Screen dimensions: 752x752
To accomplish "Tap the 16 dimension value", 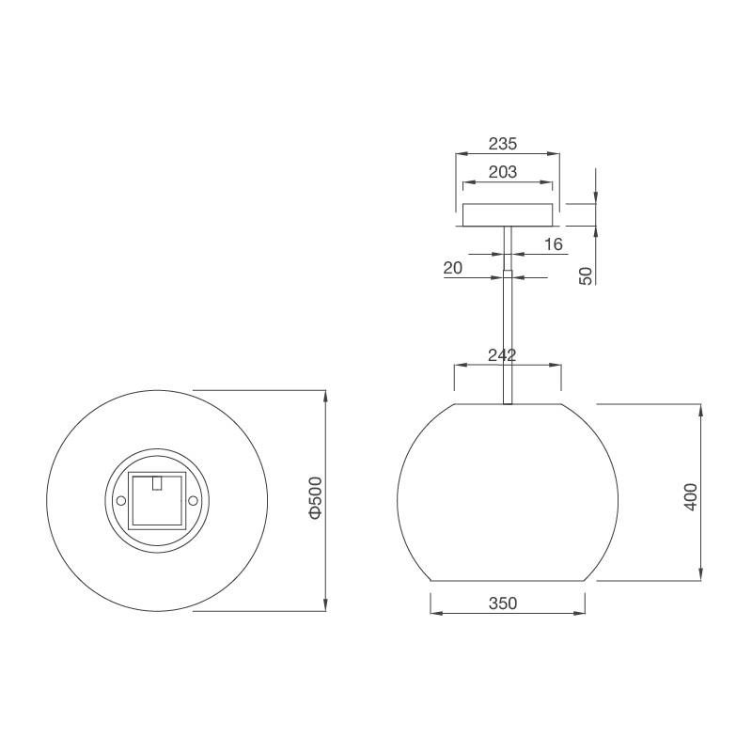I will click(553, 244).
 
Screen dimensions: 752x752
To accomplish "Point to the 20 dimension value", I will click(452, 268).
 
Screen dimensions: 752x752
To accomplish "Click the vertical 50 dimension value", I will click(586, 275).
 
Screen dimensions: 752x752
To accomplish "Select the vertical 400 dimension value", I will click(690, 494).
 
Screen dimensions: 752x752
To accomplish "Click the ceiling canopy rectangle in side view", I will click(507, 215).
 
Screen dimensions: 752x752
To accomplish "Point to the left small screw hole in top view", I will click(121, 501).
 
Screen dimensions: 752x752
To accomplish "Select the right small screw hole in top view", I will click(193, 501).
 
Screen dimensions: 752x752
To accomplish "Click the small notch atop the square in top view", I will click(158, 483).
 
